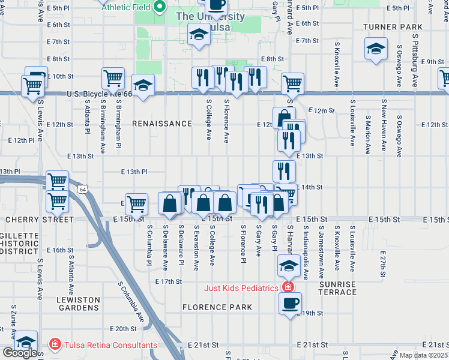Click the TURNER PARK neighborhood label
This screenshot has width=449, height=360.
pos(393,28)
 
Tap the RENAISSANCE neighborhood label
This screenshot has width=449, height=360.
pos(163,124)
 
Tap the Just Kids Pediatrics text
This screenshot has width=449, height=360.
pos(241,288)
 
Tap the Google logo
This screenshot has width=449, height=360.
pos(20,353)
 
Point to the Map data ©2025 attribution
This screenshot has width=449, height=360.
pos(423,355)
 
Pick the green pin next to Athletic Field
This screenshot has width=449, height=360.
pos(159,8)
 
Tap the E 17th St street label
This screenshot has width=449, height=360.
pos(168,281)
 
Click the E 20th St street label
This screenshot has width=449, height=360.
pos(124,329)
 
